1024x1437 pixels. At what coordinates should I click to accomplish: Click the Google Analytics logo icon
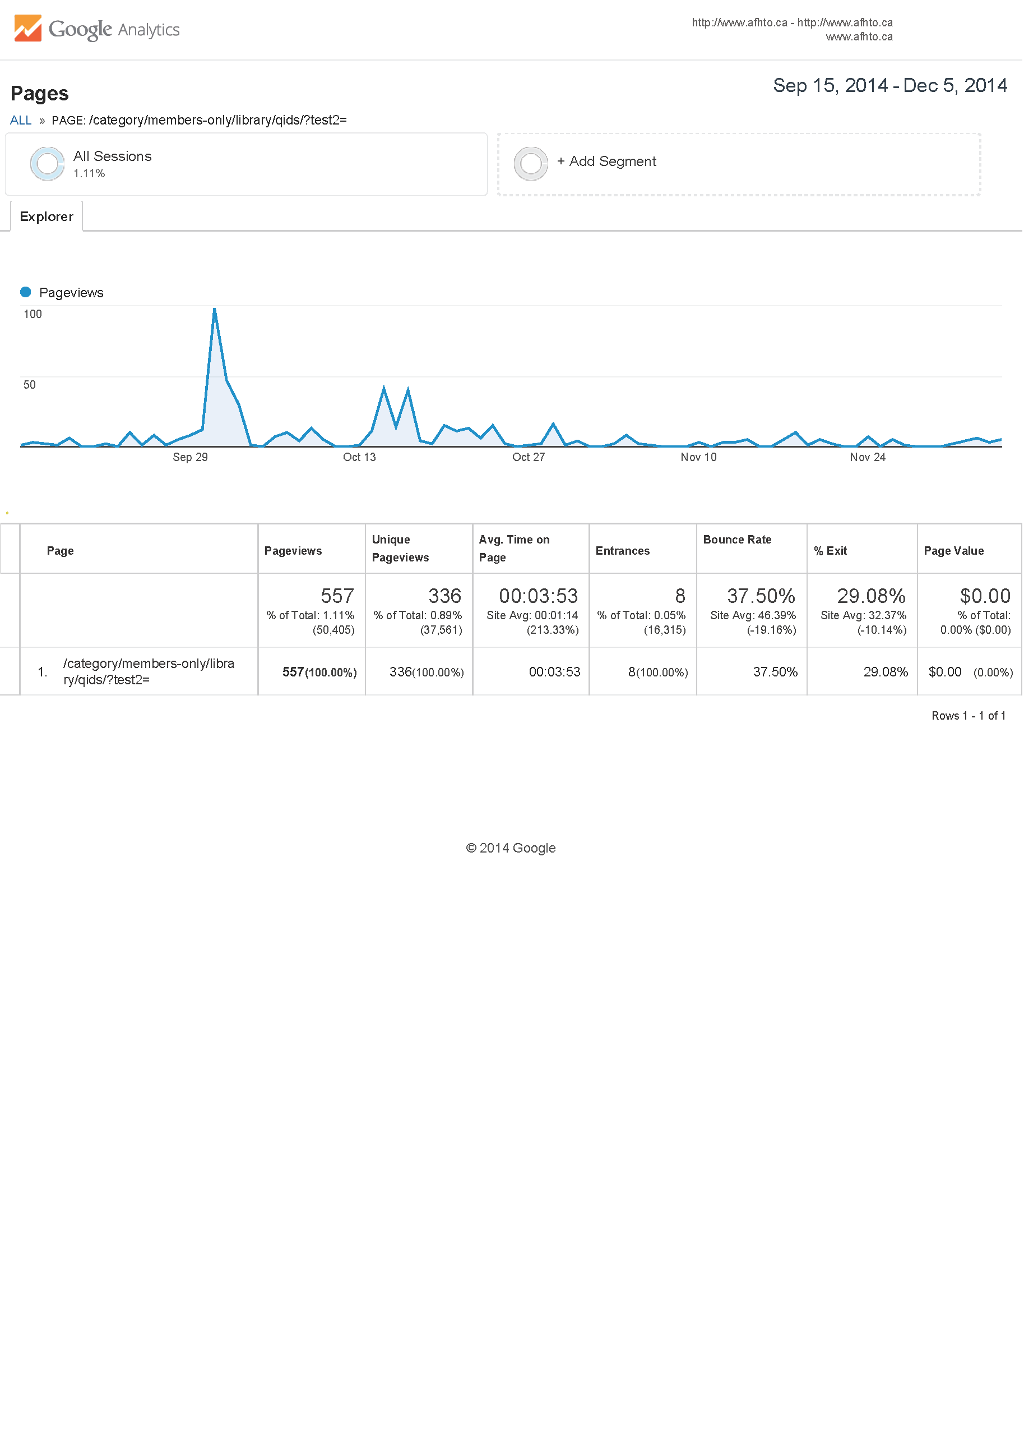pyautogui.click(x=28, y=29)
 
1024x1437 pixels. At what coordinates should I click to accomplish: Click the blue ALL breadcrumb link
pyautogui.click(x=21, y=121)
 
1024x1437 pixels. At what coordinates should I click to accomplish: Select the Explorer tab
pyautogui.click(x=46, y=217)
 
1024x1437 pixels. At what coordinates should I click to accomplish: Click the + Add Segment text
pyautogui.click(x=606, y=162)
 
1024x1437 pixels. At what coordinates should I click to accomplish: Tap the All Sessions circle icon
pyautogui.click(x=47, y=164)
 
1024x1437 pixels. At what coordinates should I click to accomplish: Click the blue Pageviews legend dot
pyautogui.click(x=26, y=292)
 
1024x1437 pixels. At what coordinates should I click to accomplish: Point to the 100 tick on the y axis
pyautogui.click(x=33, y=314)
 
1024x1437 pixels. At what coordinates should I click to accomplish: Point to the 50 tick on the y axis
pyautogui.click(x=30, y=385)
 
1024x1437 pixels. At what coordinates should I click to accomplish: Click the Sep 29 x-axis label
pyautogui.click(x=190, y=457)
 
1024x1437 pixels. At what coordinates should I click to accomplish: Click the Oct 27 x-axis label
pyautogui.click(x=529, y=457)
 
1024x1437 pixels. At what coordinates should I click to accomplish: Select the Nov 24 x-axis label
pyautogui.click(x=868, y=457)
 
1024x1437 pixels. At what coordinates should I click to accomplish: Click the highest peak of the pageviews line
pyautogui.click(x=214, y=309)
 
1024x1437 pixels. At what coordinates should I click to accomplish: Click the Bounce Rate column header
pyautogui.click(x=737, y=540)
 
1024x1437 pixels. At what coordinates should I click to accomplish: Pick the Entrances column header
pyautogui.click(x=622, y=551)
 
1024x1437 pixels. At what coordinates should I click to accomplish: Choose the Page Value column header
pyautogui.click(x=953, y=551)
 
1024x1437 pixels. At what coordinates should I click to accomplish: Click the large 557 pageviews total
pyautogui.click(x=337, y=596)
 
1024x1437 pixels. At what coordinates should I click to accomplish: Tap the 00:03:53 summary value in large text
pyautogui.click(x=538, y=596)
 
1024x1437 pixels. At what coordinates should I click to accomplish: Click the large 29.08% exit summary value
pyautogui.click(x=871, y=596)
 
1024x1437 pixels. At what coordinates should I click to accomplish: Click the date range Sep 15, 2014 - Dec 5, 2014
pyautogui.click(x=889, y=86)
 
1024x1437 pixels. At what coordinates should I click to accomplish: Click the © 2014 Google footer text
pyautogui.click(x=511, y=849)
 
